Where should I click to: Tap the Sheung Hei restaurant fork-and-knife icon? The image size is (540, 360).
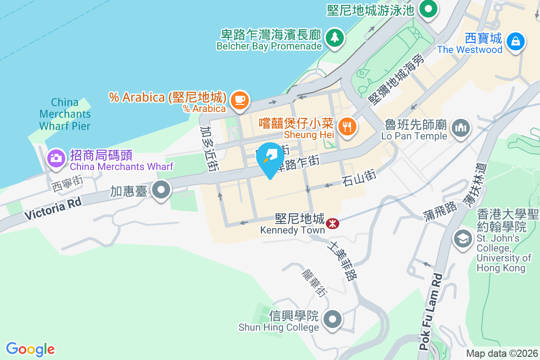347,126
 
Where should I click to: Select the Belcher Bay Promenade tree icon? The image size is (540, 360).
334,37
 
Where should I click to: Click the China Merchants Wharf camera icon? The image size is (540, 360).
56,157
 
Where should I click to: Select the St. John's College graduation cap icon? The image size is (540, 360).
463,238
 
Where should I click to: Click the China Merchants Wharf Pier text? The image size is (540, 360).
65,114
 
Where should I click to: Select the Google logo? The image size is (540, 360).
31,349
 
